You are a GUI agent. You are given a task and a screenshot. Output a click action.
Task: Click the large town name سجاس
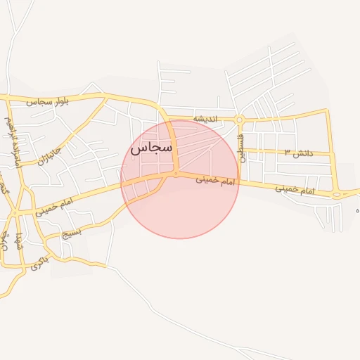point(151,148)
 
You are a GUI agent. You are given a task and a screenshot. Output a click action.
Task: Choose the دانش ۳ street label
point(297,153)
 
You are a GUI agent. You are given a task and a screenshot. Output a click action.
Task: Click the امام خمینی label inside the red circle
point(217,181)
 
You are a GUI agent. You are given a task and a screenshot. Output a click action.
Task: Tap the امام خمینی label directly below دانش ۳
point(293,190)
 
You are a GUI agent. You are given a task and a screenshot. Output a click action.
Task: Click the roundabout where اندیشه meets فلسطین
point(240,120)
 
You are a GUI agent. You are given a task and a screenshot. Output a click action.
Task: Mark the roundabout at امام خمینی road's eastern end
point(337,194)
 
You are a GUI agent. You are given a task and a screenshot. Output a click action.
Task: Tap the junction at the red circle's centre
point(176,173)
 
